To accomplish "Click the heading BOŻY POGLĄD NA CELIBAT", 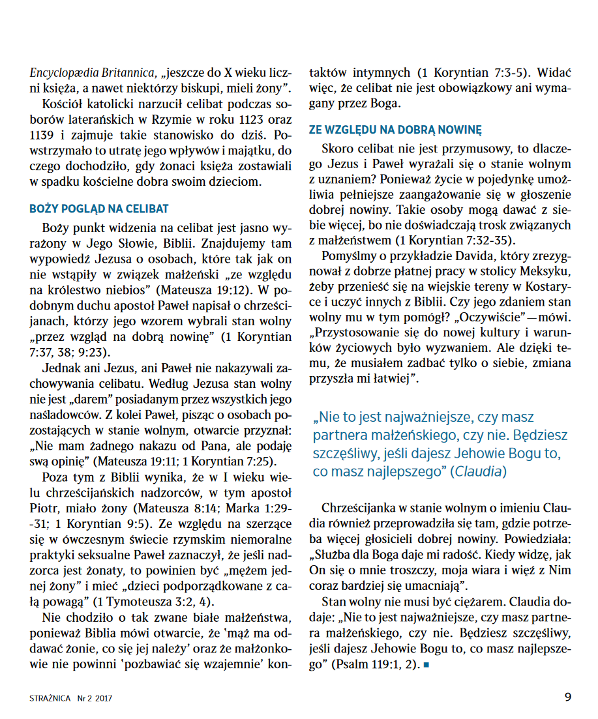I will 99,209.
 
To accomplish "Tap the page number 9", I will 567,696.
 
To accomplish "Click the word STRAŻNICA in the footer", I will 51,697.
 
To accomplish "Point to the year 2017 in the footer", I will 103,697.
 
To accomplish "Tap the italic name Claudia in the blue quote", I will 480,471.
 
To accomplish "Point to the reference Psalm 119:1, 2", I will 375,665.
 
